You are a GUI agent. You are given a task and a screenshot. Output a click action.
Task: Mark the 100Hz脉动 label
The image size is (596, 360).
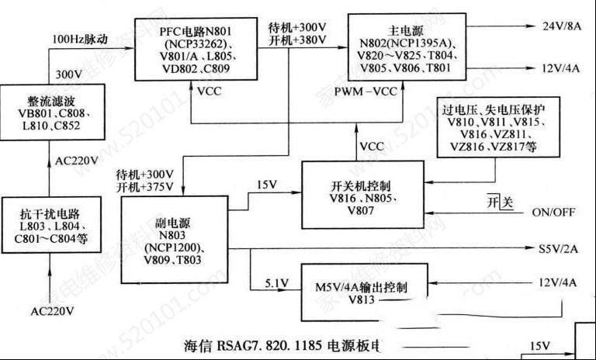point(79,38)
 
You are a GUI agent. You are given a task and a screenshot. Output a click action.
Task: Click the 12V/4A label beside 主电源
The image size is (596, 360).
point(559,67)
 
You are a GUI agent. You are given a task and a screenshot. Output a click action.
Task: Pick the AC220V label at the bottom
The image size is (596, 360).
point(53,311)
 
